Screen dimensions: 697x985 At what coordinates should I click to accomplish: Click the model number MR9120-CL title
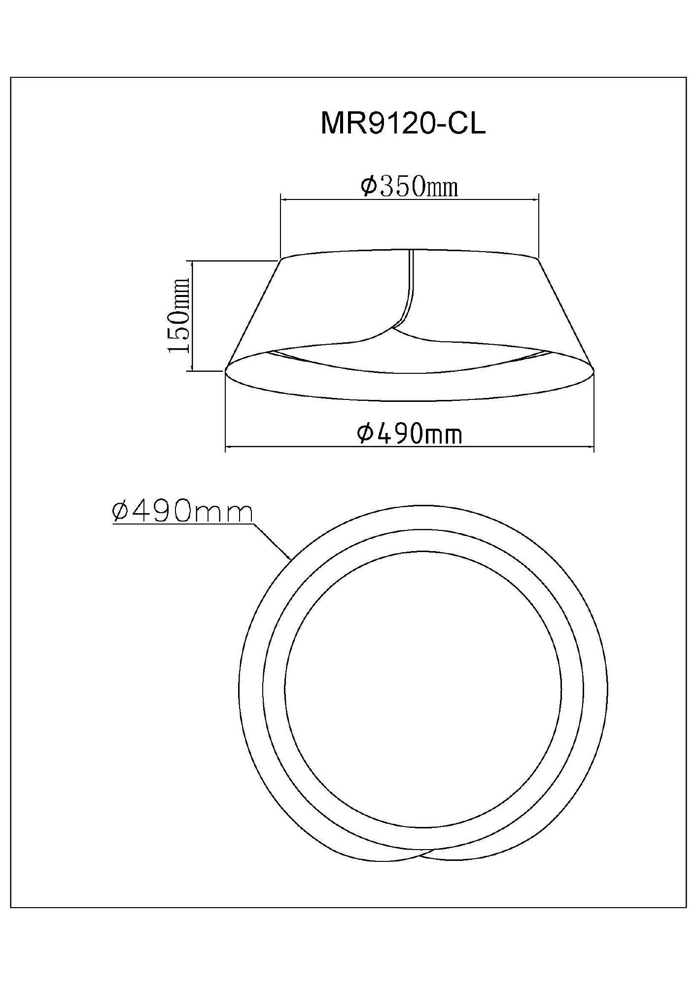click(403, 123)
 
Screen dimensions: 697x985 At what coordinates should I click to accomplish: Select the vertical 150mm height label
click(178, 315)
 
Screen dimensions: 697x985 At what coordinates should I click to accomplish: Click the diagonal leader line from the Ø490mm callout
click(272, 542)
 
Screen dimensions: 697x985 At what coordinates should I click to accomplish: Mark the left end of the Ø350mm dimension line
click(280, 199)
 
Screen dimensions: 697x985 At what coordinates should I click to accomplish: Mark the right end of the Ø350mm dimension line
click(538, 199)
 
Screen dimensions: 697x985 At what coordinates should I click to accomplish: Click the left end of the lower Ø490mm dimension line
click(225, 447)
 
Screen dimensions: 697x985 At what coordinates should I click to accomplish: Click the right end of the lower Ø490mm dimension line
click(594, 447)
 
